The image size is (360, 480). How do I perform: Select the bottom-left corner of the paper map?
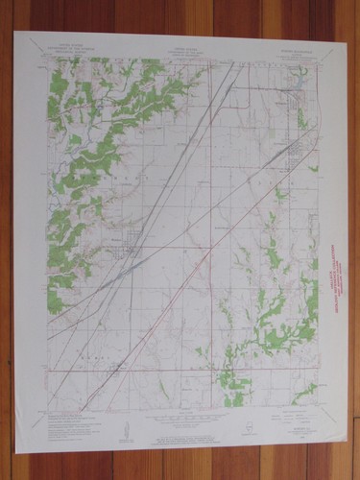tap(16, 450)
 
